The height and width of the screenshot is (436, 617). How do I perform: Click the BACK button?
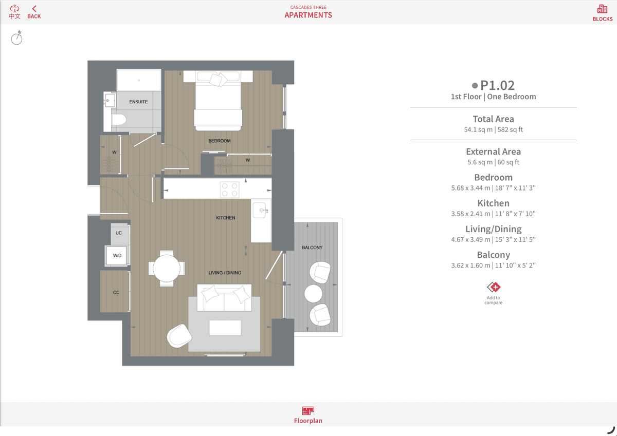(34, 12)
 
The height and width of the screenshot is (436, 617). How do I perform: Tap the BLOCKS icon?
(602, 9)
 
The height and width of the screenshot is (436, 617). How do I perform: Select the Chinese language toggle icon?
(14, 12)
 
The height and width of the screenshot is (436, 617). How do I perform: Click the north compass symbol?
(16, 37)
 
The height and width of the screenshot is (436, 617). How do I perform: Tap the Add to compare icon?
(493, 287)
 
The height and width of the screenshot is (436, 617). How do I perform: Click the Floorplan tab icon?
(308, 411)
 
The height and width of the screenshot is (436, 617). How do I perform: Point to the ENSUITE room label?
(138, 102)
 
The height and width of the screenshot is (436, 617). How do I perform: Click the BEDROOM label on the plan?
(220, 141)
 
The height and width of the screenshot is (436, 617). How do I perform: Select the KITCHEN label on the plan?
(226, 218)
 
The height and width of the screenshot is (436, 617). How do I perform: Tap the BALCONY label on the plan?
(312, 248)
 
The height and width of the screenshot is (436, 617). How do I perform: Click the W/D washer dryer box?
(117, 256)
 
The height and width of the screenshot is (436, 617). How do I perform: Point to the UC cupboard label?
(118, 233)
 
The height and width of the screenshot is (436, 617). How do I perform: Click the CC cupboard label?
(116, 292)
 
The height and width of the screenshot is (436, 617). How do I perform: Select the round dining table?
(167, 269)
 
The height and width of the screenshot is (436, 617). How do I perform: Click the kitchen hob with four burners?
(230, 190)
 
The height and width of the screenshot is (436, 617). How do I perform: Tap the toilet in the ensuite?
(118, 120)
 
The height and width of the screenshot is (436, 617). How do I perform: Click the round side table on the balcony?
(313, 294)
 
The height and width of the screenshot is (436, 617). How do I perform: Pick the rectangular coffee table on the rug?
(225, 327)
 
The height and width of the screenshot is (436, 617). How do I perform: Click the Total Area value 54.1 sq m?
(478, 129)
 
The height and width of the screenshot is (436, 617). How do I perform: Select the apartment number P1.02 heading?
(497, 86)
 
